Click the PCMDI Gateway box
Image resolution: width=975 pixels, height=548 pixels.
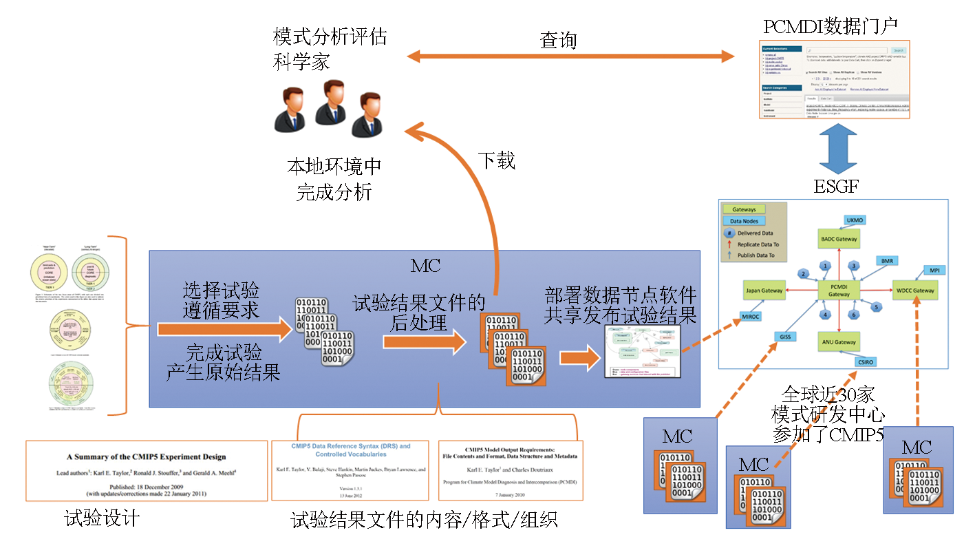pyautogui.click(x=838, y=291)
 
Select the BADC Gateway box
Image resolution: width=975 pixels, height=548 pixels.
pyautogui.click(x=838, y=239)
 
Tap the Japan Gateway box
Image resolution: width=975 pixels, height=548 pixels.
pyautogui.click(x=764, y=291)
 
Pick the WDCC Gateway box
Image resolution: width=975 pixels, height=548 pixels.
pyautogui.click(x=914, y=291)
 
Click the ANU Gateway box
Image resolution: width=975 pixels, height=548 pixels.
pyautogui.click(x=838, y=342)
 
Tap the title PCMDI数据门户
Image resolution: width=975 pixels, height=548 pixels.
pyautogui.click(x=830, y=25)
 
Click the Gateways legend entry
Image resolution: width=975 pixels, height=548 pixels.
pyautogui.click(x=744, y=209)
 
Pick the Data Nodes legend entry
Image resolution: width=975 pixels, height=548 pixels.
pyautogui.click(x=744, y=221)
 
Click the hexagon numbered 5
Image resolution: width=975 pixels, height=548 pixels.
pyautogui.click(x=876, y=308)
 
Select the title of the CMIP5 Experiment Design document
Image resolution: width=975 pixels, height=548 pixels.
pyautogui.click(x=146, y=456)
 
